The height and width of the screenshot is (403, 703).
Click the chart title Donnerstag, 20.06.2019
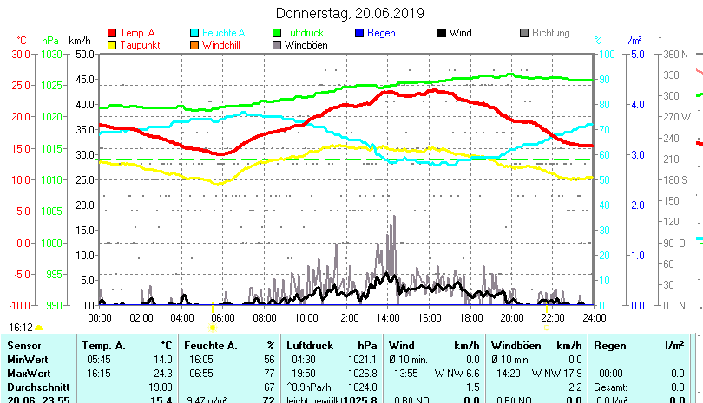tap(350, 13)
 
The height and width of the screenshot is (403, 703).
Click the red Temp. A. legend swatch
tap(112, 34)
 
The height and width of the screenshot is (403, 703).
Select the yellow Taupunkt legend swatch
tap(112, 45)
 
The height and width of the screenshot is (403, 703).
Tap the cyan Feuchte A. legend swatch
tap(195, 34)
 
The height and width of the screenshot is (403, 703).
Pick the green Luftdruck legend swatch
tap(278, 34)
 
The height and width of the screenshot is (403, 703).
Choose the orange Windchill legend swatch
tap(195, 45)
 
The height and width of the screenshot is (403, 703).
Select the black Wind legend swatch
tap(442, 34)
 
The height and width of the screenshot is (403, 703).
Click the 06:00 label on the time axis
tap(223, 317)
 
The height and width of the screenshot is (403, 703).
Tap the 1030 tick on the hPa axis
tap(52, 54)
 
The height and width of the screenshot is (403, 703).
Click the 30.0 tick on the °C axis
tap(21, 54)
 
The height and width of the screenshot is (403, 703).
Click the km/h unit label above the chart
tap(79, 41)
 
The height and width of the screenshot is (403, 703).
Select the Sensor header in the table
tap(23, 346)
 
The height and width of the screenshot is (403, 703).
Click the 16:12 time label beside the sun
tap(21, 328)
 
